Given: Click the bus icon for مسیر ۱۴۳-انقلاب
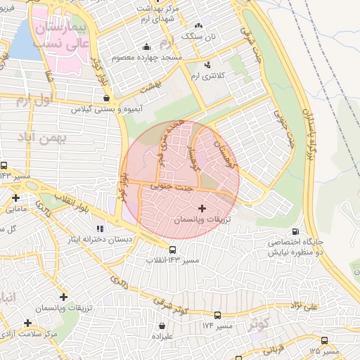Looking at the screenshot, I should [172, 250].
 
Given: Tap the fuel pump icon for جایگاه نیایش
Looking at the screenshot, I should [294, 231].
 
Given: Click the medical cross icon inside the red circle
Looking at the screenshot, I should [202, 208].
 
